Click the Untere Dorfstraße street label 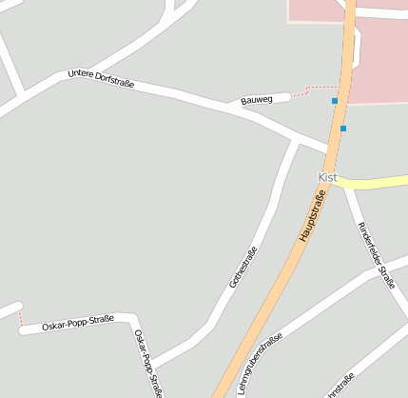(x=101, y=79)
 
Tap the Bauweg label (x=257, y=99)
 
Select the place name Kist (x=327, y=178)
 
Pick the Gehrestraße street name (x=243, y=268)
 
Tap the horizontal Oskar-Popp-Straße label (x=78, y=323)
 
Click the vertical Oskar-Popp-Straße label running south (x=148, y=363)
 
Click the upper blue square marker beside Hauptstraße (x=335, y=101)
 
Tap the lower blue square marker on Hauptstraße (x=342, y=128)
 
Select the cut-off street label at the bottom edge (x=340, y=387)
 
